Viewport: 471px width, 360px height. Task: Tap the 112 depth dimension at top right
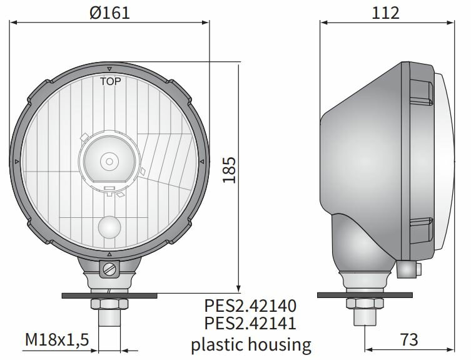click(x=385, y=13)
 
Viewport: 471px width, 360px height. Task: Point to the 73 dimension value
click(x=408, y=340)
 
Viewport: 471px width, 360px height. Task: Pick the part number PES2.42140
click(x=250, y=306)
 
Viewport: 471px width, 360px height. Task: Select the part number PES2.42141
click(x=250, y=324)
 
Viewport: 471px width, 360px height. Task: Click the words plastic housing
click(x=250, y=343)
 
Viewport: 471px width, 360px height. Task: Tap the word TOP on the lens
click(x=110, y=81)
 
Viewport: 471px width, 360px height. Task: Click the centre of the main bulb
click(x=110, y=162)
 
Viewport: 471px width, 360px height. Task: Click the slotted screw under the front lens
click(x=110, y=270)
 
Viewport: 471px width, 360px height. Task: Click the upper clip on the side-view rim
click(x=420, y=97)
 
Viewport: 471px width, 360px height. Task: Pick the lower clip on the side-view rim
click(x=420, y=228)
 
